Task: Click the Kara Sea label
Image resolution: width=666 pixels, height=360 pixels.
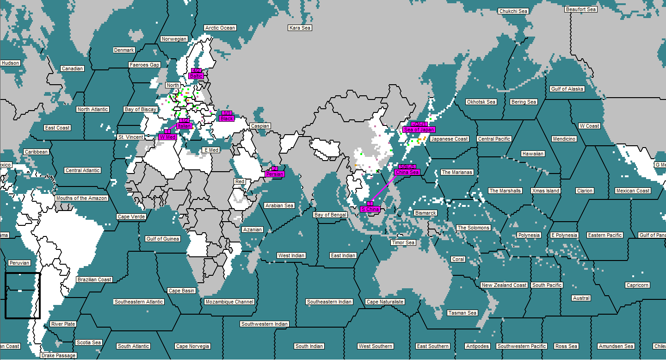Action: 300,28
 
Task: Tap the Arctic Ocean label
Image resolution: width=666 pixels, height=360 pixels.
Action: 220,28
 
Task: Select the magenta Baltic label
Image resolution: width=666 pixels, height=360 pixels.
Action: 196,76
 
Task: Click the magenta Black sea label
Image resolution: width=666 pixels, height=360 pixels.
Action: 227,118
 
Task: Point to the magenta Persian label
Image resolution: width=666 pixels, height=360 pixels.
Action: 275,174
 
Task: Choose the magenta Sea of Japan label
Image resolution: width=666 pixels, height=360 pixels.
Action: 419,130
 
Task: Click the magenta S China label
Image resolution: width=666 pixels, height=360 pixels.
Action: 370,209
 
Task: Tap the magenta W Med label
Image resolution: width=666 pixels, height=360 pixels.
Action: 167,137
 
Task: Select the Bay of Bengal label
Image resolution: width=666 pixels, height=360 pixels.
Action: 330,215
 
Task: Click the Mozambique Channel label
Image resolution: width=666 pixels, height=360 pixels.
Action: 229,302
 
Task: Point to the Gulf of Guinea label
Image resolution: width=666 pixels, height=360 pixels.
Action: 162,239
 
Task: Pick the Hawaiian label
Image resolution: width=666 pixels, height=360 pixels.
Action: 533,154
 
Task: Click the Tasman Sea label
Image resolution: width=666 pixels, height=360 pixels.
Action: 462,313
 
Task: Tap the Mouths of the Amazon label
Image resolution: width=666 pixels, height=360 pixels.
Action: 81,198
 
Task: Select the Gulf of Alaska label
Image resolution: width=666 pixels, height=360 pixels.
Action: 567,89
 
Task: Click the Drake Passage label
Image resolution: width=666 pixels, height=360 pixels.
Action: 58,355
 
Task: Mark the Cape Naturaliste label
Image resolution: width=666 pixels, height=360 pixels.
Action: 385,302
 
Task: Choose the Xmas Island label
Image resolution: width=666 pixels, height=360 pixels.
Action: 546,191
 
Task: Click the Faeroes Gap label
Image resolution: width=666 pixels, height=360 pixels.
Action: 144,65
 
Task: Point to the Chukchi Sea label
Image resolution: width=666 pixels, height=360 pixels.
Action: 513,11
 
